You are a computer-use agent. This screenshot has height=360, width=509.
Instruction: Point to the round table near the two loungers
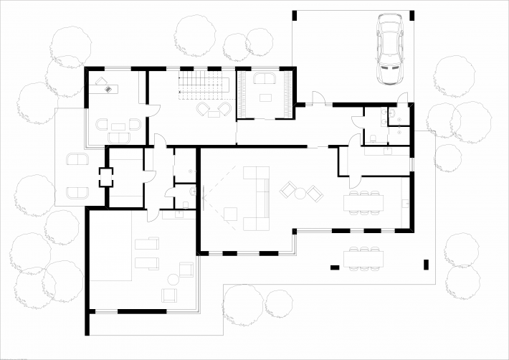tap(173, 280)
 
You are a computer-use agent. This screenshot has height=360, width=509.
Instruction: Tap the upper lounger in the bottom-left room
tap(147, 243)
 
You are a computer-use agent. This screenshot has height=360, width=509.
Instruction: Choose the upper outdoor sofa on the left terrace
tap(77, 159)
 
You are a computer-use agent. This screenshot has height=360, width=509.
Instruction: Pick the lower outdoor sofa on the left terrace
tap(77, 191)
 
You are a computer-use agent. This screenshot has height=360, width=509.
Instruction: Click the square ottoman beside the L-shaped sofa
tap(231, 213)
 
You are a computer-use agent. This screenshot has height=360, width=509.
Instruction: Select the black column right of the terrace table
tap(428, 263)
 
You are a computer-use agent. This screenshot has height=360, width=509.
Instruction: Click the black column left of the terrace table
tap(334, 267)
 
